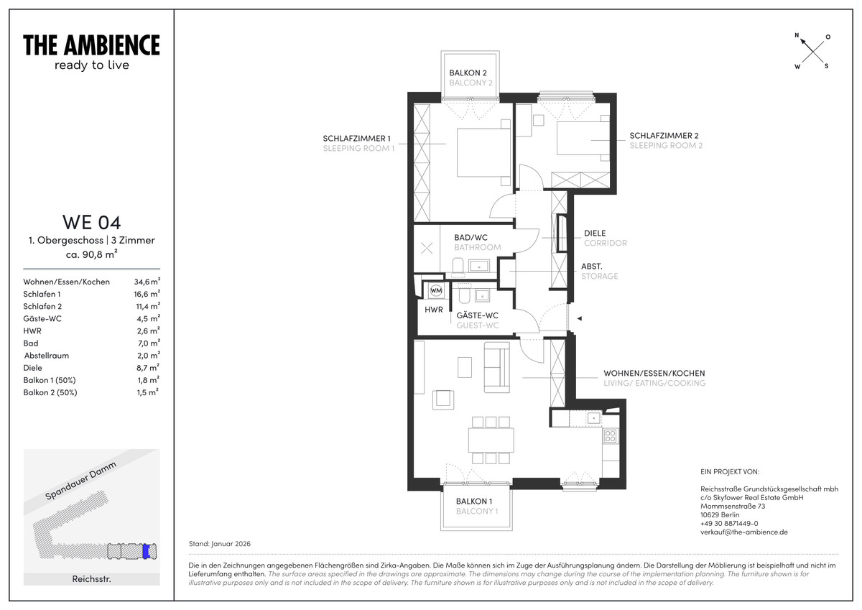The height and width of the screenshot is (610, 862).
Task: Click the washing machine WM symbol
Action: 436,290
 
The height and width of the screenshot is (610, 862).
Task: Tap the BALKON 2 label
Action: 468,73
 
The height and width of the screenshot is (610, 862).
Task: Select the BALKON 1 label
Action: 474,502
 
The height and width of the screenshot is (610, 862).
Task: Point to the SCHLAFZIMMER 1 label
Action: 357,138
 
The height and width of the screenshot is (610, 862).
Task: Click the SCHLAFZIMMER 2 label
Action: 664,136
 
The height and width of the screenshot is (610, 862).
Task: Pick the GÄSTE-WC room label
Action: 477,315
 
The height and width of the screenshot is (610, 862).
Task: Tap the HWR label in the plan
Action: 434,310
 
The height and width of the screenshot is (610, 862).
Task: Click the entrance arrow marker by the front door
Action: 579,318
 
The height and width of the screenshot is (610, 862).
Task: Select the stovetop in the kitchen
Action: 611,436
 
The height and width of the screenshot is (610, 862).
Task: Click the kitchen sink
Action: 594,418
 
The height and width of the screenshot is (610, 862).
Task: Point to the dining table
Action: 491,440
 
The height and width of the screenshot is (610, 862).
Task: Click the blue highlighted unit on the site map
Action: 146,551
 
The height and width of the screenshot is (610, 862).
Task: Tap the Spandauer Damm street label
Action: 80,480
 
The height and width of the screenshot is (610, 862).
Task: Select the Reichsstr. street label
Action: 92,579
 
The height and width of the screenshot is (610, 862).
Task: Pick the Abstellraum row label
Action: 47,355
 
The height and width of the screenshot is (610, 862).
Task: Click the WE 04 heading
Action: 92,222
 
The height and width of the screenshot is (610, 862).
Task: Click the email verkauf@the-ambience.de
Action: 744,532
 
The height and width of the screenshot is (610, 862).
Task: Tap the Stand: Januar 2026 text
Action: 219,543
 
